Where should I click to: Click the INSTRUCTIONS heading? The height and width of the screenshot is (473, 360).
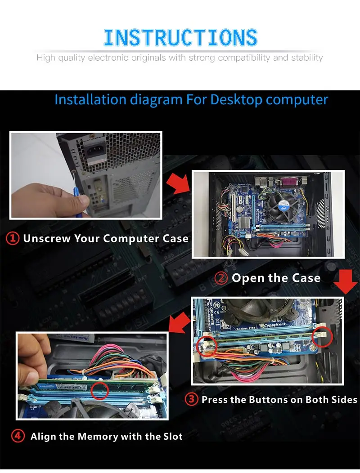click(180, 37)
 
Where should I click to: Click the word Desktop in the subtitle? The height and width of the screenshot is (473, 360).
click(237, 100)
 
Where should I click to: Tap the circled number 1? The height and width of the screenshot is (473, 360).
click(13, 238)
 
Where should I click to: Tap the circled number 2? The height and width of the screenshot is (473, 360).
click(221, 278)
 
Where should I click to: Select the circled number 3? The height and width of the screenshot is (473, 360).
click(192, 399)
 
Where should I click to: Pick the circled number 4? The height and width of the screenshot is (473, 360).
click(18, 436)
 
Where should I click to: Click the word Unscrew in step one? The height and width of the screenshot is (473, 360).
click(47, 238)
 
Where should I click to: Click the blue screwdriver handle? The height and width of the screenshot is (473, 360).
click(77, 201)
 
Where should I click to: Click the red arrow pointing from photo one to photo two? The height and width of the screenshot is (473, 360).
click(178, 183)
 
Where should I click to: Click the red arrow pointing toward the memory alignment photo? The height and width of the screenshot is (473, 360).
click(180, 323)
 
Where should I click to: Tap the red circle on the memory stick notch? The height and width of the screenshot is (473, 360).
click(99, 391)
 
